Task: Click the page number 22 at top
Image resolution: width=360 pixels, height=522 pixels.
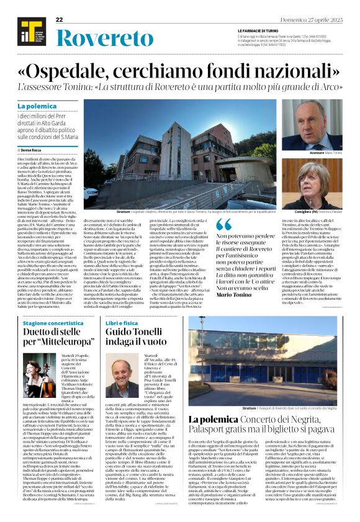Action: pyautogui.click(x=59, y=20)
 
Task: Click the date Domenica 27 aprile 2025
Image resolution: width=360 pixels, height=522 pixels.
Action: pyautogui.click(x=318, y=20)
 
